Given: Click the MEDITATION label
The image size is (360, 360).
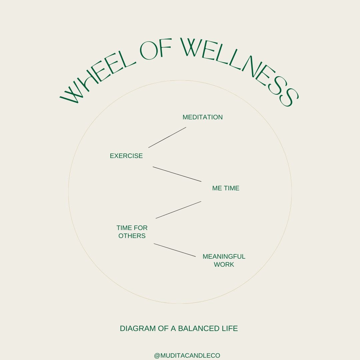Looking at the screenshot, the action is coord(202,117).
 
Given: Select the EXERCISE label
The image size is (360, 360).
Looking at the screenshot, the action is coord(126,156).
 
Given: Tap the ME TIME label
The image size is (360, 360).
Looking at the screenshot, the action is coord(226,188).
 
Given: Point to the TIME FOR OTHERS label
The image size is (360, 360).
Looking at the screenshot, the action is coord(132,232).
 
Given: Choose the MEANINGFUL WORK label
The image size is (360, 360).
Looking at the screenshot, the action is coord(224,260).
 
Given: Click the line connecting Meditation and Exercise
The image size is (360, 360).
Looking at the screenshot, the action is coord(167,137).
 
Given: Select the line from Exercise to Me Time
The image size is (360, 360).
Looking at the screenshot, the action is coord(177,174).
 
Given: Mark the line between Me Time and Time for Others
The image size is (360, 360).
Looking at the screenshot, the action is coord(178,210).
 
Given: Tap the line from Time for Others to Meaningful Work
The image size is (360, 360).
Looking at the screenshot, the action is coord(175,250).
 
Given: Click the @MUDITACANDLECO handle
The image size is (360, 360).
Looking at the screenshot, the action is coord(187,356).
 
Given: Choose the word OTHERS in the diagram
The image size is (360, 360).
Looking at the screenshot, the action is coord(132,236).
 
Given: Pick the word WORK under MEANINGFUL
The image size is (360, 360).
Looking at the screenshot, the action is coord(224,265).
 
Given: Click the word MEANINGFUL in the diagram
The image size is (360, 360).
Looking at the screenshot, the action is coord(224,257).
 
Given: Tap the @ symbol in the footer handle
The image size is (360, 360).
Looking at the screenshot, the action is coord(157,356).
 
